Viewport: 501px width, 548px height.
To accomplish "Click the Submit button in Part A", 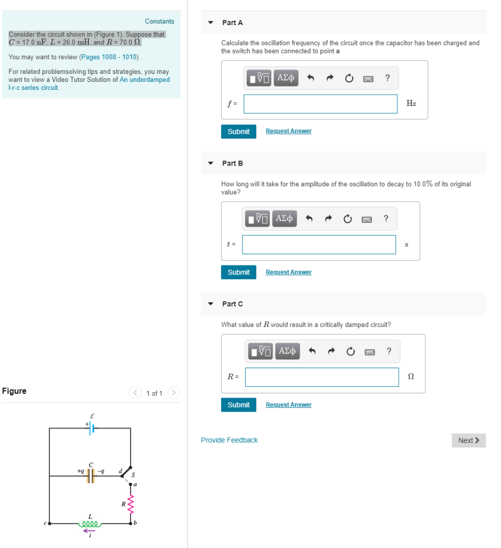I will [238, 132].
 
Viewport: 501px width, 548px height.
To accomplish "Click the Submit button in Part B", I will [238, 272].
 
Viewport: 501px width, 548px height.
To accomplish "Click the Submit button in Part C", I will [238, 405].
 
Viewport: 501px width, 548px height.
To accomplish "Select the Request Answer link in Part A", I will [289, 132].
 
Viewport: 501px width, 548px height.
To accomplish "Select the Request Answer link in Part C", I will [289, 405].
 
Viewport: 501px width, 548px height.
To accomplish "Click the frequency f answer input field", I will [320, 104].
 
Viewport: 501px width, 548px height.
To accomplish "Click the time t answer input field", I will [319, 245].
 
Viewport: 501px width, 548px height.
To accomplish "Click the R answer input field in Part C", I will [322, 377].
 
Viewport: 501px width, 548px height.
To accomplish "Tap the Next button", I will [468, 440].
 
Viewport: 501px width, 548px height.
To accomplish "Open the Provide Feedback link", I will [229, 440].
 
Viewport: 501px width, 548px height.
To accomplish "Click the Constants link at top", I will [160, 21].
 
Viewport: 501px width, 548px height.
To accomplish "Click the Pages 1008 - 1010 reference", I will [109, 57].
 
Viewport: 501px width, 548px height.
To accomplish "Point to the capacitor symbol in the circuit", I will [92, 476].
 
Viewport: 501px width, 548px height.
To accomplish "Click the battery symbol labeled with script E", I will [93, 428].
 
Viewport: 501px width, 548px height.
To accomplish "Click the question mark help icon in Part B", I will [386, 218].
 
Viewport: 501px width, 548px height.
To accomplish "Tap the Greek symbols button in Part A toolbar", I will [286, 78].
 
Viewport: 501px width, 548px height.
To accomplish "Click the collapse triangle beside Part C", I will [211, 304].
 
